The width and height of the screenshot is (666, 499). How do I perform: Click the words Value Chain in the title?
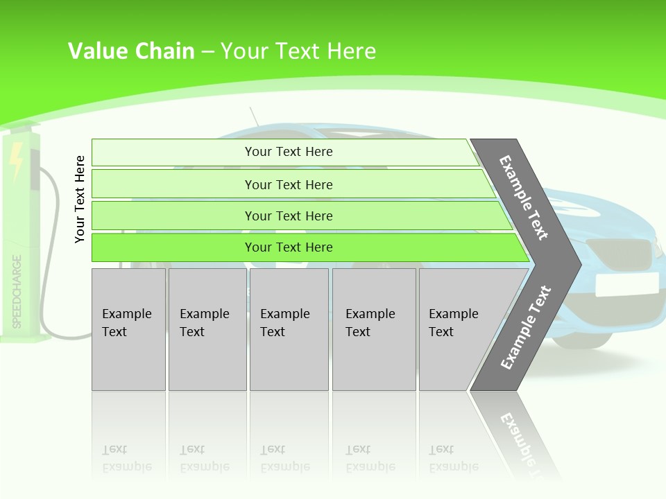click(131, 51)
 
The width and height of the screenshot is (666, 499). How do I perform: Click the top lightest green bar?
click(288, 152)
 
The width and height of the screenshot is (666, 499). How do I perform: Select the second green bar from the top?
click(288, 184)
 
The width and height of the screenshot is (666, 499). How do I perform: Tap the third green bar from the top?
click(288, 216)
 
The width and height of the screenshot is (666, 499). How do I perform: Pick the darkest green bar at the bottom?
click(288, 247)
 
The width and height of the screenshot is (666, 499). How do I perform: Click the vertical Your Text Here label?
click(80, 200)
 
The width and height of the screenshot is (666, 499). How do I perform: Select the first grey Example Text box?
click(128, 329)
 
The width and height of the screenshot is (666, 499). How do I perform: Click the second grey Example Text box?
click(207, 329)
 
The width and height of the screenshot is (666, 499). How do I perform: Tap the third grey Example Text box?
click(288, 329)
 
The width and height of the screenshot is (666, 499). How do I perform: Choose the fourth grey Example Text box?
click(373, 329)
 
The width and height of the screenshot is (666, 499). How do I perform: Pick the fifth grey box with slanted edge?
click(458, 329)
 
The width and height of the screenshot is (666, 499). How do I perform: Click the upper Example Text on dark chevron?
click(524, 198)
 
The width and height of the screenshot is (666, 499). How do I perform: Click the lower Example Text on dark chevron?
click(526, 327)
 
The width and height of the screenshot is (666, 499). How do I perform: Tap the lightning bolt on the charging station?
click(17, 160)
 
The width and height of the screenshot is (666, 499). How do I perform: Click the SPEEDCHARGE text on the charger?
click(17, 291)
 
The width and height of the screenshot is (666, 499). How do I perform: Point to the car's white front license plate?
click(626, 284)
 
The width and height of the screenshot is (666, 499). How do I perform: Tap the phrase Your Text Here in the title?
click(298, 51)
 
